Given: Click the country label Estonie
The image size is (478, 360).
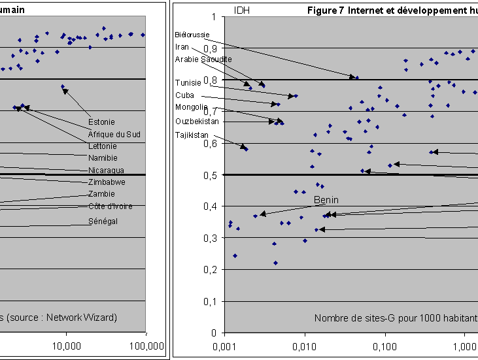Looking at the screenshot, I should (x=101, y=122).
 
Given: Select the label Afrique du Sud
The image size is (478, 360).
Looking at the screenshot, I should (x=114, y=134).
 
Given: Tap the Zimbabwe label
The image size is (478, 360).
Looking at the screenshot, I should (x=107, y=182).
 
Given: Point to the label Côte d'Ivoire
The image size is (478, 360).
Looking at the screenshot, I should (x=111, y=206).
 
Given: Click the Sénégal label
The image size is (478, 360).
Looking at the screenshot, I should (x=103, y=221).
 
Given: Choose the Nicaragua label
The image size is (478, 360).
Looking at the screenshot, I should (x=106, y=171).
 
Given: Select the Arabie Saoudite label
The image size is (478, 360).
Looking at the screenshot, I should (x=203, y=59).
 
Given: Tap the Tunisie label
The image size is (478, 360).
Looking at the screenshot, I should (x=188, y=83).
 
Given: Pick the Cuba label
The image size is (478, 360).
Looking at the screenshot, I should (x=184, y=95).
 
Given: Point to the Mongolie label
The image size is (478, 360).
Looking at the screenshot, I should (x=192, y=107).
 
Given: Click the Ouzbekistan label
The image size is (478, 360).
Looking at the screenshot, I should (x=197, y=121).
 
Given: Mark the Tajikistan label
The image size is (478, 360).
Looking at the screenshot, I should (x=192, y=135).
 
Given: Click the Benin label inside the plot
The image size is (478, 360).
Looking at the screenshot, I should (x=326, y=200).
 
